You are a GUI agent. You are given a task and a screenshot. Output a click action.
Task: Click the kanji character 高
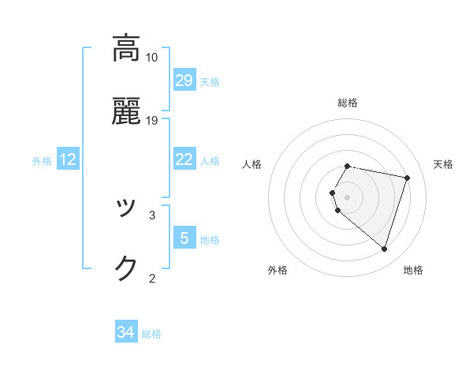pos(126,48)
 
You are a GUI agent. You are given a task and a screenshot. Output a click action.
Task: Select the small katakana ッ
pos(126,209)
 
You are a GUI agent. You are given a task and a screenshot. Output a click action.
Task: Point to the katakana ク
pos(126,268)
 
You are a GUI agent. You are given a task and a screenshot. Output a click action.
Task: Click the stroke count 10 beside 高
pos(151,58)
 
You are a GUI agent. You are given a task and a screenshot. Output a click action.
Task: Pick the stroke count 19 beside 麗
pos(151,121)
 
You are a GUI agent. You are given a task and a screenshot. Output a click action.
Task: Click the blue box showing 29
pos(184,81)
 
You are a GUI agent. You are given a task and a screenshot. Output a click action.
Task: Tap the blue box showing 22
pos(184,159)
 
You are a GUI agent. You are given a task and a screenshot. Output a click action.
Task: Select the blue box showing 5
pos(184,238)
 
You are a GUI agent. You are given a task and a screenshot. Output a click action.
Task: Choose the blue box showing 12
pos(68,159)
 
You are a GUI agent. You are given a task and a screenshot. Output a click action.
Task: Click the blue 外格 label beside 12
pos(42,161)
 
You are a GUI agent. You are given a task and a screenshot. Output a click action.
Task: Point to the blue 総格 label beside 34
pos(151,334)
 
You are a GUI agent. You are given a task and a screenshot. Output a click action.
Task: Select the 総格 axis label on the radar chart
pos(348,103)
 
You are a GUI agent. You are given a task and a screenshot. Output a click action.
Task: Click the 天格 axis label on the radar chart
pos(444,164)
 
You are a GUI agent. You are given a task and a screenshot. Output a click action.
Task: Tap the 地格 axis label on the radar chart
pos(413,270)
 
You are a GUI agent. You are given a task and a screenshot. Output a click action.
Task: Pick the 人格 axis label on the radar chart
pos(252,164)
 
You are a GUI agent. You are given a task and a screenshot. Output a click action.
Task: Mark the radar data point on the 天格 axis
pos(407,178)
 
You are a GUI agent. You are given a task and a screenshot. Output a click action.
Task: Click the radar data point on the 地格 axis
pos(384,249)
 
